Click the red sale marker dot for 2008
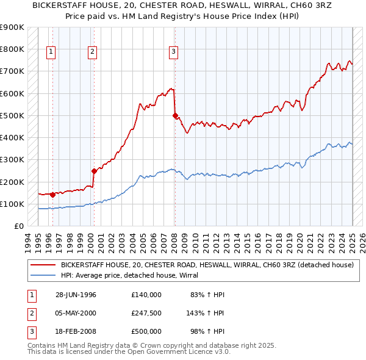click(x=175, y=115)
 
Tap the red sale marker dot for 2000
click(x=94, y=171)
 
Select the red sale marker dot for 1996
click(x=52, y=195)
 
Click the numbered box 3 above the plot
click(x=174, y=52)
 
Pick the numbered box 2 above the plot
click(x=92, y=52)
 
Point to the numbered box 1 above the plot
click(x=51, y=52)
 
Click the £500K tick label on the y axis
click(x=12, y=115)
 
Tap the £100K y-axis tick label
click(x=12, y=204)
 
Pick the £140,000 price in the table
click(x=146, y=295)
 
